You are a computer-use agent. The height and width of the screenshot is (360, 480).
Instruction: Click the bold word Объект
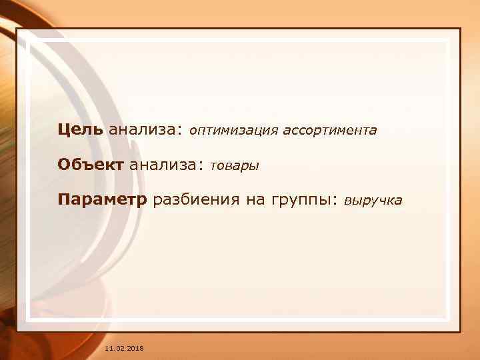pos(91,165)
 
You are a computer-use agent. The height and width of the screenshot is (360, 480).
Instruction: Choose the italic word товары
pos(234,166)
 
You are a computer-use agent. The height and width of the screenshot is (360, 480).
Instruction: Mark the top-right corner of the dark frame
pos(461,29)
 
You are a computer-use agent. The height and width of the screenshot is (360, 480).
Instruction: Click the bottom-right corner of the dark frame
pos(461,331)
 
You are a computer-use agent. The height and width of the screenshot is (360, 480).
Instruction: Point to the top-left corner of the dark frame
pos(17,29)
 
